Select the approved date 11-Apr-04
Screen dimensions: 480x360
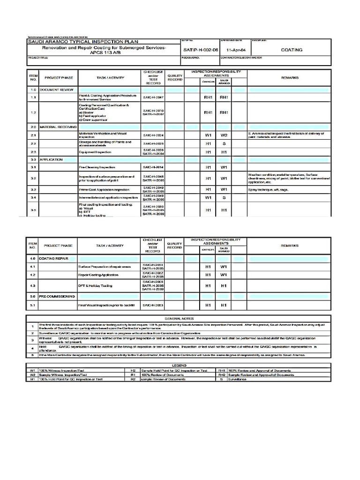point(235,49)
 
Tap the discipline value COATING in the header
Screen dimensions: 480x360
point(291,49)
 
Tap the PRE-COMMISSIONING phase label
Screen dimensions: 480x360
point(57,297)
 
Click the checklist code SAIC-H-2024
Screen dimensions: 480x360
point(153,135)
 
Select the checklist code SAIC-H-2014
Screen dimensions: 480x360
point(153,167)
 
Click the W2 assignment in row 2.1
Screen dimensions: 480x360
point(224,135)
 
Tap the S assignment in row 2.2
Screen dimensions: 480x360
point(224,143)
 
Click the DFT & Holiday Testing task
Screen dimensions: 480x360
point(95,285)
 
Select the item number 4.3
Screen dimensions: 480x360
point(33,285)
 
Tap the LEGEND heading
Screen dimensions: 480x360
point(180,364)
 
